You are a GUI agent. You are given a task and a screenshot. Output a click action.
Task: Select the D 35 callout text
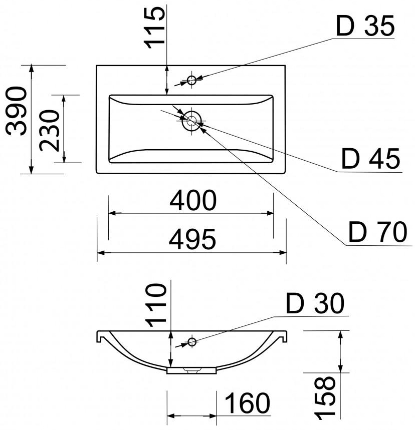tap(365, 27)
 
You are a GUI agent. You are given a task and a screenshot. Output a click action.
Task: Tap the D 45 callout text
tap(371, 159)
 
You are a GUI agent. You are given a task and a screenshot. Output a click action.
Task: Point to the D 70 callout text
tap(377, 233)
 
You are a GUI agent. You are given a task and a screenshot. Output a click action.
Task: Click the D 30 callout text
tap(315, 303)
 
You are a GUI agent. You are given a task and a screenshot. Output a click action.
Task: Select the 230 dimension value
tap(50, 130)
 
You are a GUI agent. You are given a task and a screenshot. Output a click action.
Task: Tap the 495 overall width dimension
tap(192, 240)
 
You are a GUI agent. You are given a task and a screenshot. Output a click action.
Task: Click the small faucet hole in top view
tap(191, 80)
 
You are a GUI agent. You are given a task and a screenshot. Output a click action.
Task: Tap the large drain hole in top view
tap(191, 120)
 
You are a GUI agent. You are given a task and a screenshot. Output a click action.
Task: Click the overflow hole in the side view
tap(191, 342)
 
